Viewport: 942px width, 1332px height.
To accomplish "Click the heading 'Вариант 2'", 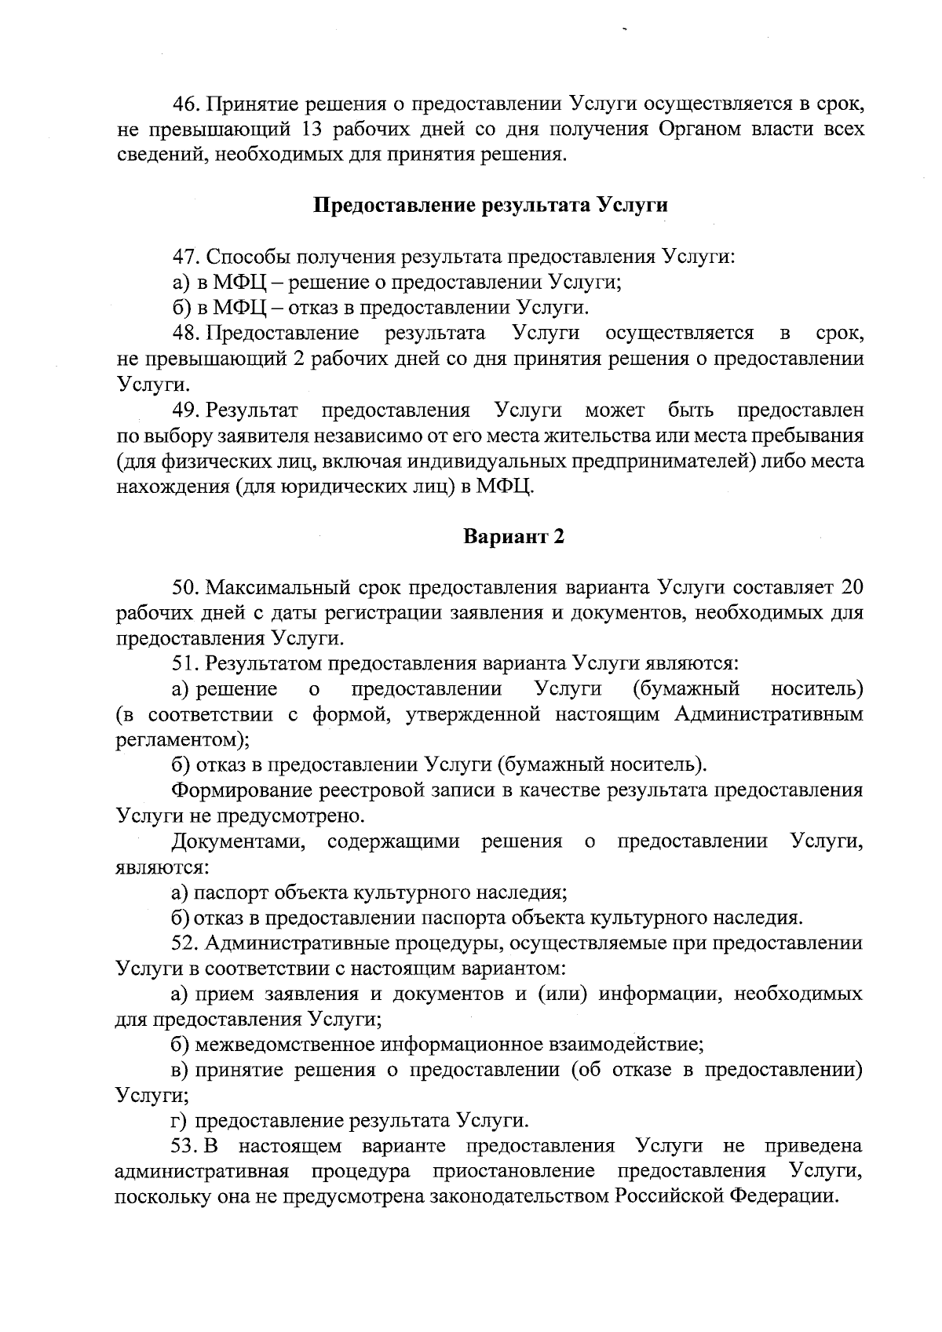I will coord(513,537).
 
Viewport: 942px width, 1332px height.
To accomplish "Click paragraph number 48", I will coord(187,334).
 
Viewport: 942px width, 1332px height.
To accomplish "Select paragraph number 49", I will coord(187,410).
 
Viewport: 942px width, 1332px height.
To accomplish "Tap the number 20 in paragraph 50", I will coord(852,587).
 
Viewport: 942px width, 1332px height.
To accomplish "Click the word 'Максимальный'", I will coord(282,587).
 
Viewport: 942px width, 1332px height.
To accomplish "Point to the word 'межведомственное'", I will coord(286,1045).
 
